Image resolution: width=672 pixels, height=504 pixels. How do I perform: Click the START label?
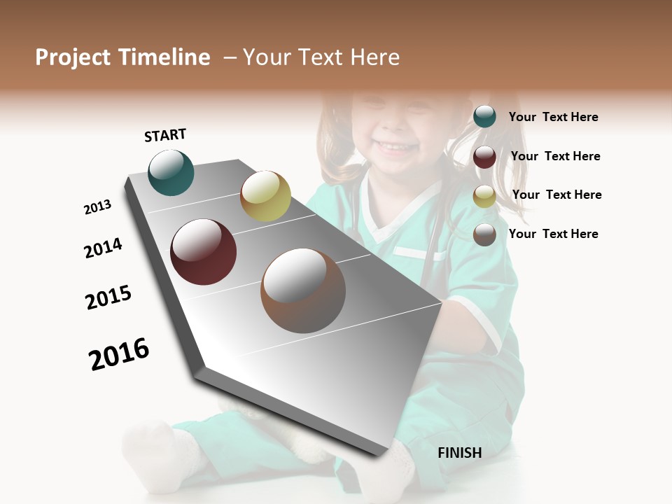(165, 135)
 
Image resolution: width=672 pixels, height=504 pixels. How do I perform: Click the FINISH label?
(459, 453)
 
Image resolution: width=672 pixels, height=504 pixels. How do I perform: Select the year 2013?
(98, 207)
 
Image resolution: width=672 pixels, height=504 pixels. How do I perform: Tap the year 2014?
(103, 248)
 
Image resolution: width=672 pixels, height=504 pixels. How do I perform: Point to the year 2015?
(108, 297)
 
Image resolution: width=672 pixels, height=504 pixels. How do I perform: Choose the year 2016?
(119, 353)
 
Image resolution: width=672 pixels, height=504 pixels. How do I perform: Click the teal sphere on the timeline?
(171, 173)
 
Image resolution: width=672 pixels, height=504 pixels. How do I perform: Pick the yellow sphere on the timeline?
(265, 196)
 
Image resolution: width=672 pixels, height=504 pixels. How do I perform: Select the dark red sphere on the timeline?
(204, 252)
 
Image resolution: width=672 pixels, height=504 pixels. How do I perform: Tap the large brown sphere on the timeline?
(303, 290)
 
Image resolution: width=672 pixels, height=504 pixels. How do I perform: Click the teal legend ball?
(484, 117)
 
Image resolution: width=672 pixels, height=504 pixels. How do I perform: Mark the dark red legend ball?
(484, 157)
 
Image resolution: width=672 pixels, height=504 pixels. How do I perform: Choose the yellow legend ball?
(484, 196)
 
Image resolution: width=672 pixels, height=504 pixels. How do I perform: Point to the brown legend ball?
(484, 234)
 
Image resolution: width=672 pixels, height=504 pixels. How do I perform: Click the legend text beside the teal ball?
(553, 117)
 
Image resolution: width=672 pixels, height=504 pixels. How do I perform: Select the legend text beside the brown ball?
(553, 234)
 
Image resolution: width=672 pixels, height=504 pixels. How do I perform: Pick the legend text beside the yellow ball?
(556, 195)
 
